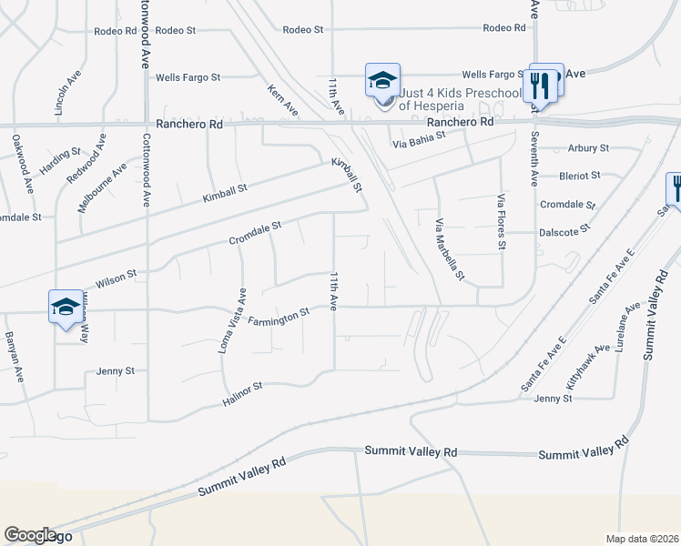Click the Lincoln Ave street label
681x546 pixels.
62,92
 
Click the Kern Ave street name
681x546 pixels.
283,100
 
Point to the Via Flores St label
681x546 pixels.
501,222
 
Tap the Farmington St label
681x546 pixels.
279,317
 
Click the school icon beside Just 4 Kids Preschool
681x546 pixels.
382,81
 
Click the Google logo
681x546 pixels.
30,535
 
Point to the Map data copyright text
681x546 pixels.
642,539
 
